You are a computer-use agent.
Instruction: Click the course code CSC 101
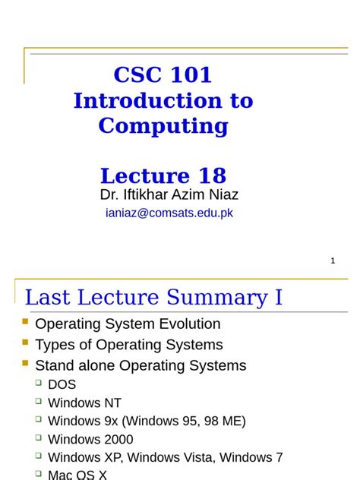pyautogui.click(x=163, y=75)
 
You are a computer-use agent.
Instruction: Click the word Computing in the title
pyautogui.click(x=163, y=125)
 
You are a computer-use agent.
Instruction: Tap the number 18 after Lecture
pyautogui.click(x=213, y=175)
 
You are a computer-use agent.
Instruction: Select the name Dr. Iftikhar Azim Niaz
pyautogui.click(x=169, y=195)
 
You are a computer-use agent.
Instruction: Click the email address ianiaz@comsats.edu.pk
pyautogui.click(x=169, y=213)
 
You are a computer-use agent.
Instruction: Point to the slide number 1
pyautogui.click(x=333, y=261)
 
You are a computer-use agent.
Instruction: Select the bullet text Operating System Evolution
pyautogui.click(x=128, y=324)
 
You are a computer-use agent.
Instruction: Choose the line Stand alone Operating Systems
pyautogui.click(x=141, y=365)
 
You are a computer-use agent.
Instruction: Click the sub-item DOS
pyautogui.click(x=62, y=384)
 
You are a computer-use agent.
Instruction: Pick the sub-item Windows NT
pyautogui.click(x=84, y=403)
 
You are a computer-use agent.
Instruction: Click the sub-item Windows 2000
pyautogui.click(x=90, y=439)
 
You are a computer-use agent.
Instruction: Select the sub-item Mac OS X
pyautogui.click(x=77, y=475)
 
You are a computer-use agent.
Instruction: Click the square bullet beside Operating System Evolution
pyautogui.click(x=26, y=322)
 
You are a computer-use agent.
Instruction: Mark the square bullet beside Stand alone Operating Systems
pyautogui.click(x=26, y=363)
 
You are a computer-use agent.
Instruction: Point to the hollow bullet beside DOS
pyautogui.click(x=38, y=383)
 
